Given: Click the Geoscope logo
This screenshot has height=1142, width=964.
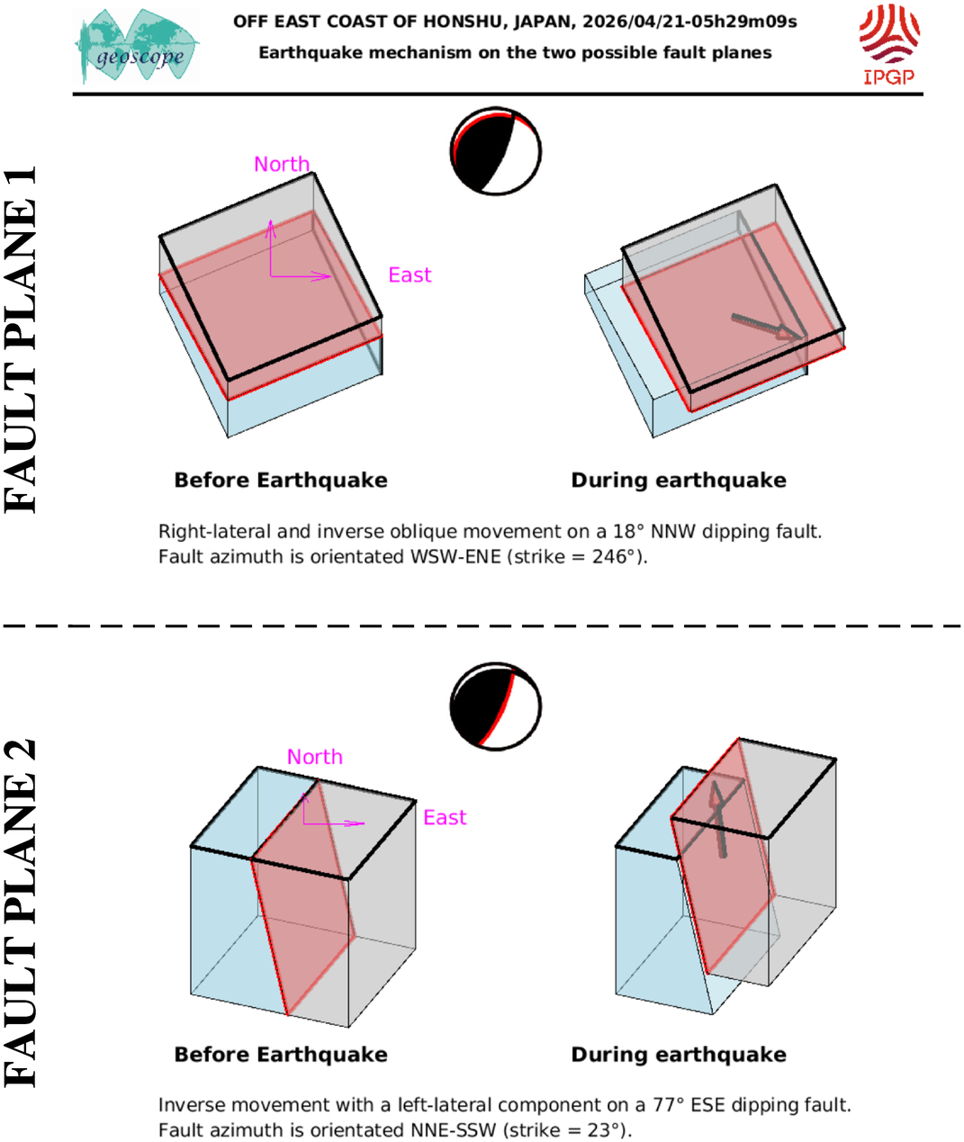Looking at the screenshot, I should [x=137, y=48].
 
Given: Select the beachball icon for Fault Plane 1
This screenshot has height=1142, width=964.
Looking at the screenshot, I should [x=496, y=151].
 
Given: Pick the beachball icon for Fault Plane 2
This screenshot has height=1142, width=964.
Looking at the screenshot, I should [x=496, y=707].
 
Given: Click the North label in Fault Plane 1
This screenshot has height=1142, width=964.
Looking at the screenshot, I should [x=282, y=164].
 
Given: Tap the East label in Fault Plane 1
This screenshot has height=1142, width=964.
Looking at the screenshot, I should [x=410, y=275].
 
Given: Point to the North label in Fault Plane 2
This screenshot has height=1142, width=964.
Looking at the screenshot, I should [x=315, y=757].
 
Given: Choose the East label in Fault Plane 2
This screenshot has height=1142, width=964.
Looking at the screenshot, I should [x=445, y=817].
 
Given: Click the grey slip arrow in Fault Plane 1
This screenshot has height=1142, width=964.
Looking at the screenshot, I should [x=765, y=328].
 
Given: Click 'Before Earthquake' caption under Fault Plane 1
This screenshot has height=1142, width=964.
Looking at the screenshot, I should [x=281, y=481].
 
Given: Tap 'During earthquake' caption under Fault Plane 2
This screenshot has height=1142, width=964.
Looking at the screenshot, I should [x=679, y=1055].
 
